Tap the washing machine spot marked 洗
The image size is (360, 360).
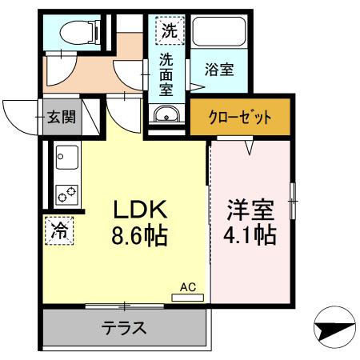click(169, 31)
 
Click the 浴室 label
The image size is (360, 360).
click(218, 70)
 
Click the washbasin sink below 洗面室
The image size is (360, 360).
click(167, 114)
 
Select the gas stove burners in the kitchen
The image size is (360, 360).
click(66, 193)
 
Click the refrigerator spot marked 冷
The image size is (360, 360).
click(59, 231)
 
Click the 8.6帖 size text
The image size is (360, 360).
click(139, 236)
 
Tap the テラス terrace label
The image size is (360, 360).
click(124, 327)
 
